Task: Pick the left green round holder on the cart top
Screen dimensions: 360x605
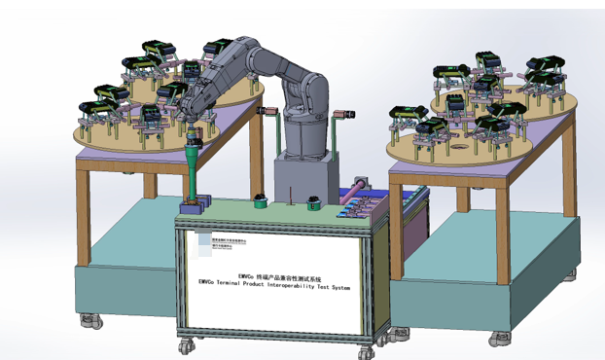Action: point(261,202)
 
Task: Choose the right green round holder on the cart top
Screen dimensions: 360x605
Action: point(313,202)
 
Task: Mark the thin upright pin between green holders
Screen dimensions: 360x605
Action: point(289,199)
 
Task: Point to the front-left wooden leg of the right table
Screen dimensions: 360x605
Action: point(396,224)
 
